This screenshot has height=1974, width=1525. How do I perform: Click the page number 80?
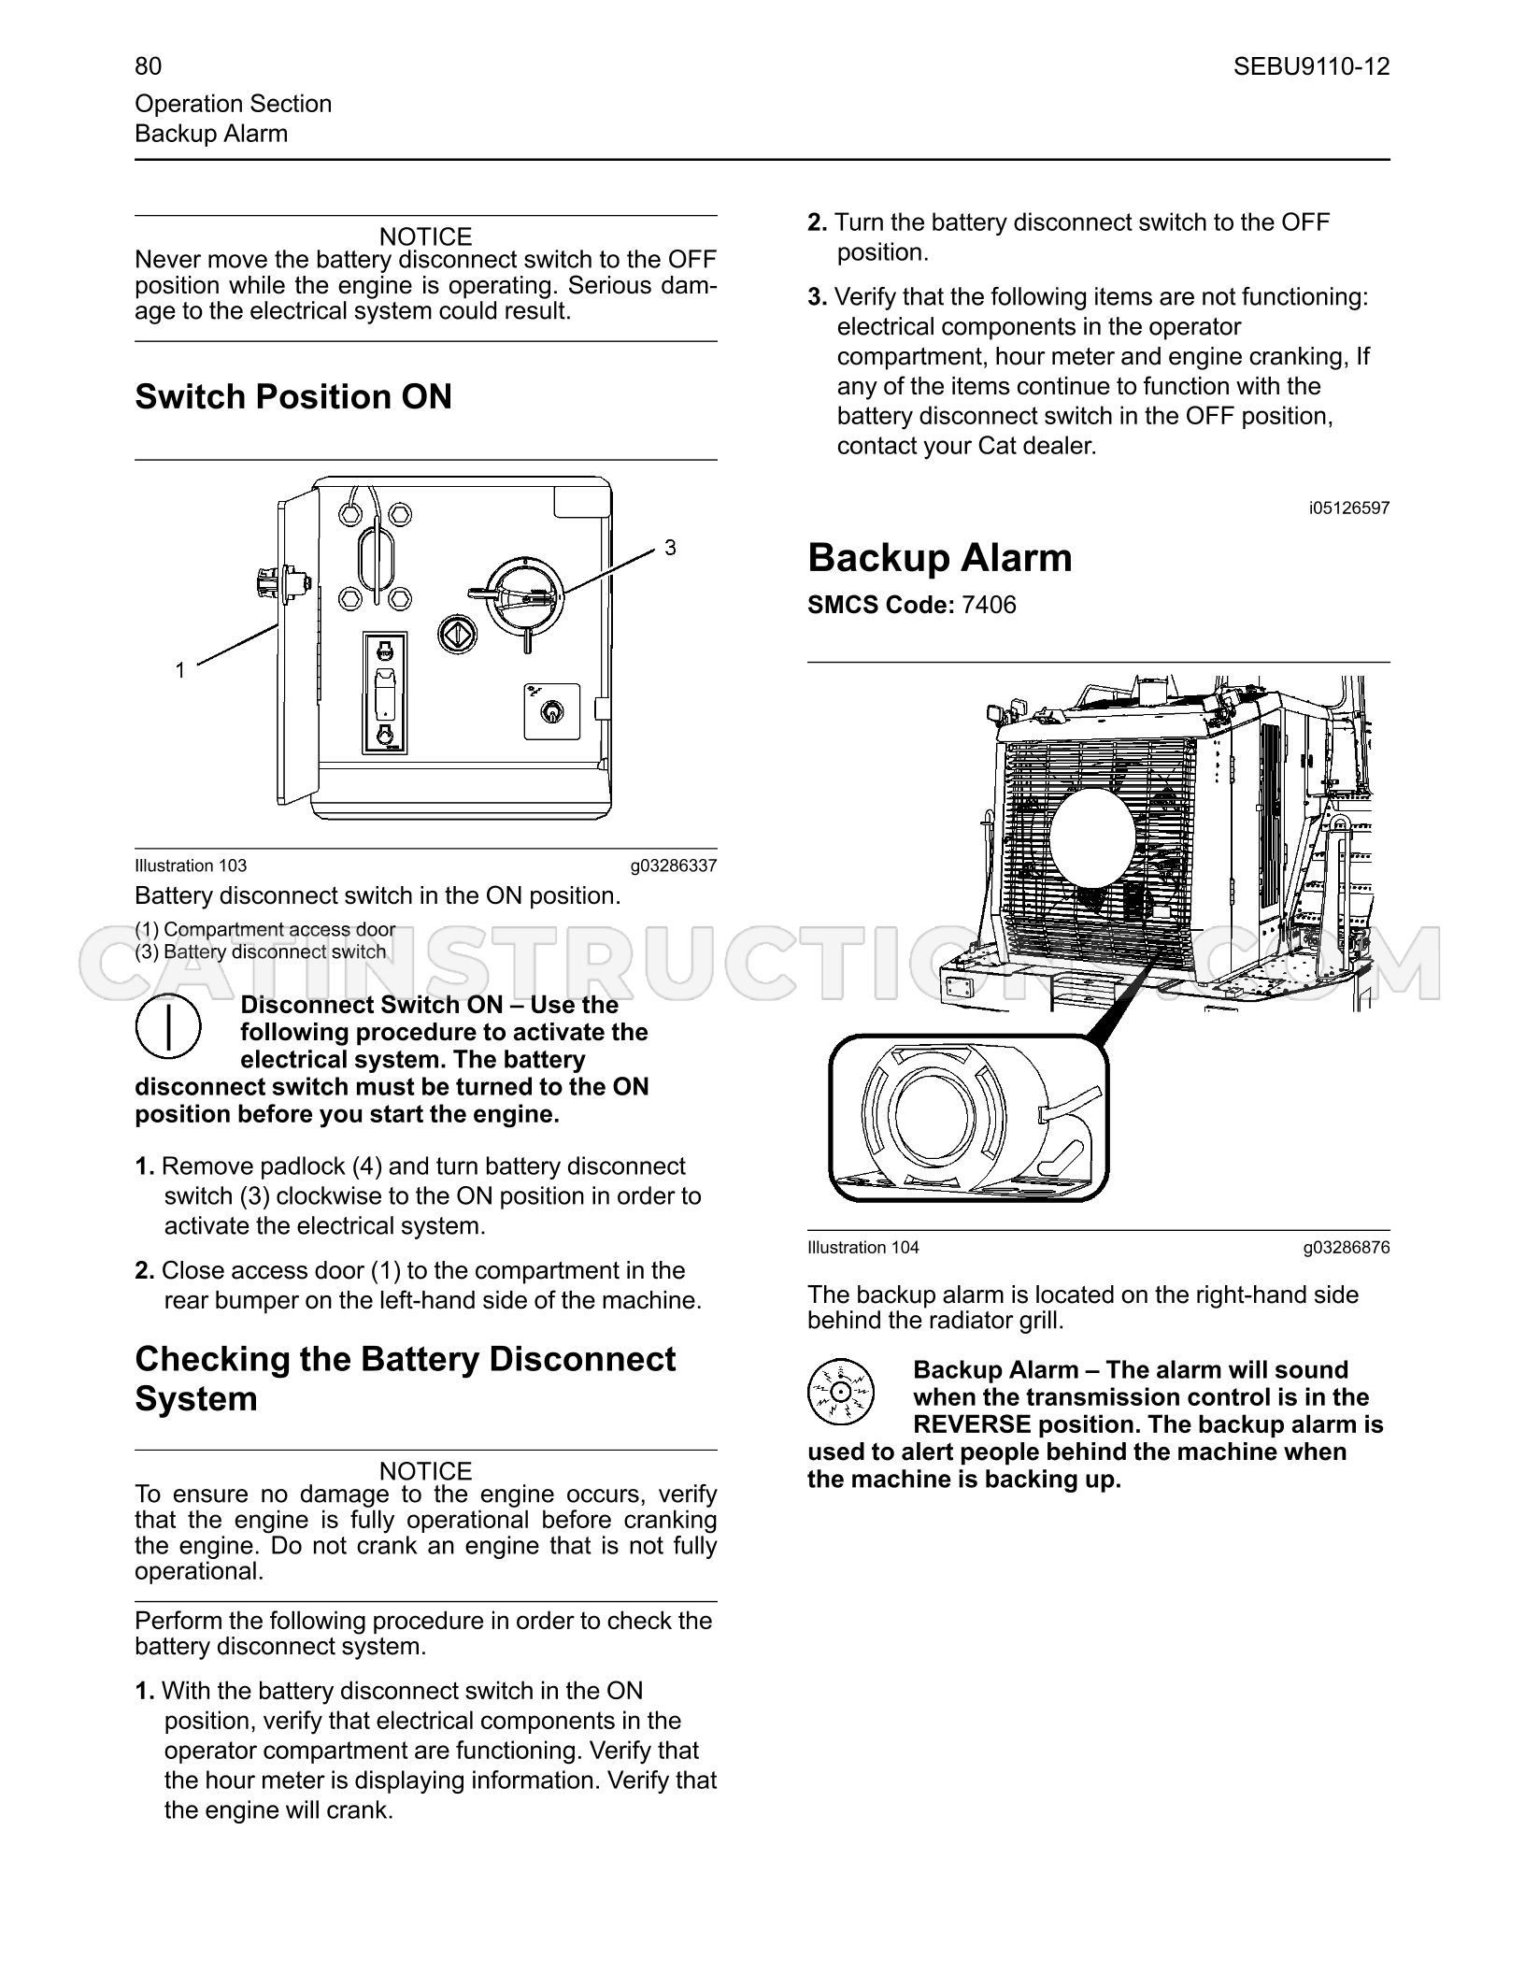tap(148, 66)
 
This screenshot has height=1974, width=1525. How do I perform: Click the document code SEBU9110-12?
tap(1311, 66)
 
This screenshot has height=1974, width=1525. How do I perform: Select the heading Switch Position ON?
tap(293, 396)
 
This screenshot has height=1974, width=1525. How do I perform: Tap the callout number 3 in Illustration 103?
tap(670, 548)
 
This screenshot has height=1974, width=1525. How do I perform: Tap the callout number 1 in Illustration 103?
tap(180, 670)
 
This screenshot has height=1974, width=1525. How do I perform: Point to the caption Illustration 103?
tap(191, 865)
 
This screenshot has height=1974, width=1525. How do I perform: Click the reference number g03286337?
tap(674, 865)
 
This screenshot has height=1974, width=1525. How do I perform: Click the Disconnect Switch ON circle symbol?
tap(168, 1027)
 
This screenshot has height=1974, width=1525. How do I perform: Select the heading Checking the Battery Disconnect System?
tap(405, 1379)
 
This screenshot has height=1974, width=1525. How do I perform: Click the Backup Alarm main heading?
tap(940, 558)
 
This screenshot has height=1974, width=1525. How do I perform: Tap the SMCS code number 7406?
tap(989, 605)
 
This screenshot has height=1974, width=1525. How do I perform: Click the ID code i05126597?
tap(1349, 508)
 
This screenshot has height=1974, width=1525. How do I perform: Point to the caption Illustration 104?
tap(863, 1247)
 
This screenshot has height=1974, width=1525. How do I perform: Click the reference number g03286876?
tap(1347, 1247)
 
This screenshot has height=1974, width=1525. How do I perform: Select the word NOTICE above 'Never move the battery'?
tap(426, 236)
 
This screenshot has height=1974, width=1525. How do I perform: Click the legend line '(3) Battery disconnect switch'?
tap(261, 951)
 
